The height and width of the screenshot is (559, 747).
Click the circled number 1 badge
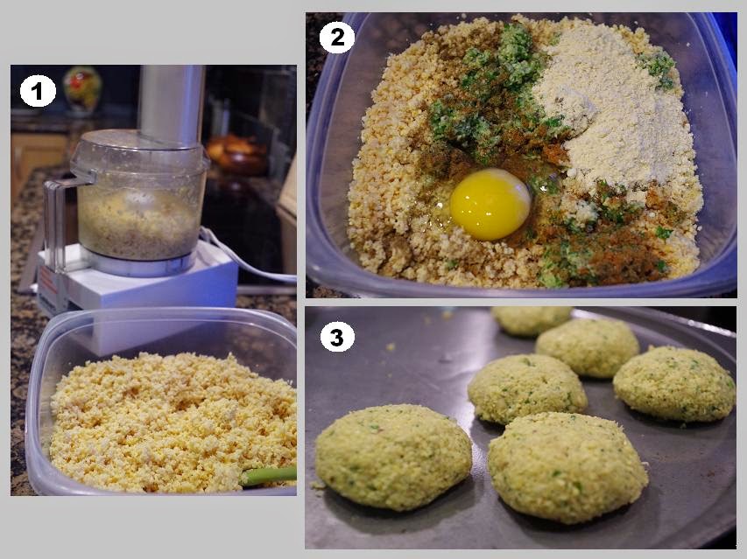(x=38, y=90)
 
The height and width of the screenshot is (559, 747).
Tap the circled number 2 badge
(x=337, y=38)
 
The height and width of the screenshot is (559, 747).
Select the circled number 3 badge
(x=337, y=338)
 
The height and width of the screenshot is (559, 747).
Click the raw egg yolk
(x=490, y=204)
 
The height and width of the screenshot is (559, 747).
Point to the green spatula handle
(x=268, y=476)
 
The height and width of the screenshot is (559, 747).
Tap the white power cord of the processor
(x=243, y=259)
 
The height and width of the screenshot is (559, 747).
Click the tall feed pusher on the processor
(x=172, y=104)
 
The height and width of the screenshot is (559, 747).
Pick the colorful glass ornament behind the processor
(x=82, y=89)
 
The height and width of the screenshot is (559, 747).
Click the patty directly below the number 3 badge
(x=393, y=457)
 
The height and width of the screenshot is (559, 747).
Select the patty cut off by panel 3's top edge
(x=532, y=321)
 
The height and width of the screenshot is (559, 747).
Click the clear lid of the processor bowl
(x=139, y=152)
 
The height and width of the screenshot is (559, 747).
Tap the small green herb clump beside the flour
(x=659, y=69)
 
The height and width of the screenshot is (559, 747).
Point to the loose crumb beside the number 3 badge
(x=391, y=346)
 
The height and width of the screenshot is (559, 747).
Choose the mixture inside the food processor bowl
(x=138, y=224)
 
